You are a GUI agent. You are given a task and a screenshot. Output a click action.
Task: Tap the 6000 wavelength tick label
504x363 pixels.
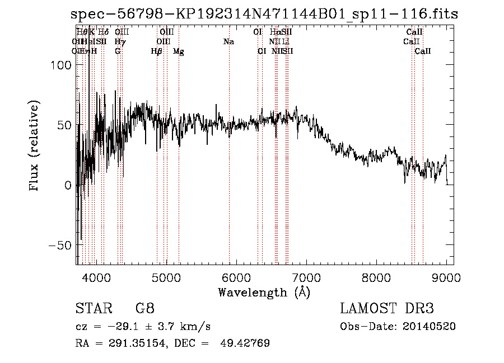pyautogui.click(x=236, y=277)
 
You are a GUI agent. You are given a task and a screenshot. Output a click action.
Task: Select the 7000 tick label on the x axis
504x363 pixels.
pyautogui.click(x=306, y=277)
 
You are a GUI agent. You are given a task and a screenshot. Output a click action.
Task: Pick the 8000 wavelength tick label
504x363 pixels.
pyautogui.click(x=376, y=277)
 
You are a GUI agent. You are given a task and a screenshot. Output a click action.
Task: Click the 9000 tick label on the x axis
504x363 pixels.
pyautogui.click(x=446, y=277)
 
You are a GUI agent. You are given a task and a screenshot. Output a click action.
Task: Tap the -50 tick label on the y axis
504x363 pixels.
pyautogui.click(x=59, y=246)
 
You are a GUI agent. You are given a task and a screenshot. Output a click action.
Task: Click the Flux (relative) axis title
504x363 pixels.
pyautogui.click(x=35, y=147)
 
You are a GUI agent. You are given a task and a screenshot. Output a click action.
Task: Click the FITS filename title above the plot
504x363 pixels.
pyautogui.click(x=264, y=14)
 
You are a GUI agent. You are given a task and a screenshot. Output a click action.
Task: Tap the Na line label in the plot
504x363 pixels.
pyautogui.click(x=228, y=41)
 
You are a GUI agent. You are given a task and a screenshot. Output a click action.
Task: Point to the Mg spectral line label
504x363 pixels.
pyautogui.click(x=179, y=51)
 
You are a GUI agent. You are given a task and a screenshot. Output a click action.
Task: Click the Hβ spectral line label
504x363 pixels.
pyautogui.click(x=157, y=51)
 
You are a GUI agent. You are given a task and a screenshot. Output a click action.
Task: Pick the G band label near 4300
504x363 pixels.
pyautogui.click(x=118, y=51)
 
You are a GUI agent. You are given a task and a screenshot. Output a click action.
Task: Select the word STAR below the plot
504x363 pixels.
pyautogui.click(x=92, y=309)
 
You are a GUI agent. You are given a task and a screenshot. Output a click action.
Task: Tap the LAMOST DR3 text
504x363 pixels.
pyautogui.click(x=386, y=309)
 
